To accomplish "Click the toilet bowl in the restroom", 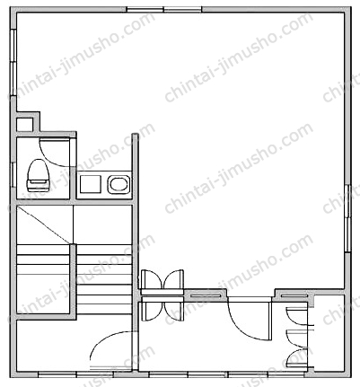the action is click(38, 175).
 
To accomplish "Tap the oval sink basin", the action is click(119, 184).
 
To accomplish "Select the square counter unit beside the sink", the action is click(90, 184).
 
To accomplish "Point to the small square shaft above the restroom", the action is click(24, 125).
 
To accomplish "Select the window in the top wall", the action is click(164, 10).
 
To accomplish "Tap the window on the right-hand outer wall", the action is click(347, 218).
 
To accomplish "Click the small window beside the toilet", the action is click(13, 175).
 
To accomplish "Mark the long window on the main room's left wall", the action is click(13, 62).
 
